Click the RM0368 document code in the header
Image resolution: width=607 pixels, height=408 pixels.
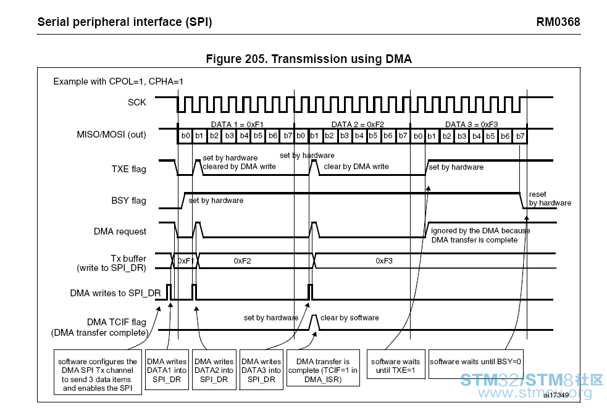point(558,22)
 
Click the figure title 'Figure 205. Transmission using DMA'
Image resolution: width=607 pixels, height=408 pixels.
point(309,59)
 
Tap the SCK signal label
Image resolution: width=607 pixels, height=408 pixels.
point(137,102)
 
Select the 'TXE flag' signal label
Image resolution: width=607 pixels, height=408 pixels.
point(129,169)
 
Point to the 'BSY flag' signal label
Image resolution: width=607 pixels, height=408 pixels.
point(129,201)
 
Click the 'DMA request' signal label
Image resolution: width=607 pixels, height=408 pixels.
point(120,231)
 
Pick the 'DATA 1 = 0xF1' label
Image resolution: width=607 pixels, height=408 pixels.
point(237,124)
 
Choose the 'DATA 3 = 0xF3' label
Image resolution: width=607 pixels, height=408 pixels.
point(472,124)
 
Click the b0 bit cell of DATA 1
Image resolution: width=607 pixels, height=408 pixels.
point(186,136)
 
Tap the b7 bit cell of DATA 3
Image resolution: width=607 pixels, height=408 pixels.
point(521,136)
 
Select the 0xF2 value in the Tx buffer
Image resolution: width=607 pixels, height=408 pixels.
point(242,261)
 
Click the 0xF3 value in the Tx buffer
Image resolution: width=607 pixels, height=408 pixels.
point(384,261)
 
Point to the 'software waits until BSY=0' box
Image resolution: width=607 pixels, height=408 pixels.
point(475,364)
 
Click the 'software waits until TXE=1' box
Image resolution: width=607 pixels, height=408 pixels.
point(396,364)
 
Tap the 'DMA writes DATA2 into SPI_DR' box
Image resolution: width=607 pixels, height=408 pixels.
point(214,370)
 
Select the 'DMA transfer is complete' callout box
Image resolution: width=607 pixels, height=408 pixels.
point(323,368)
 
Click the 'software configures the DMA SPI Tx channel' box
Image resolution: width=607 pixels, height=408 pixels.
point(98,372)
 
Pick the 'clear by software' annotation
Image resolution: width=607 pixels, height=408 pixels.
point(350,318)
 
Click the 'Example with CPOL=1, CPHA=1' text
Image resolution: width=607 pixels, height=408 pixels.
point(118,81)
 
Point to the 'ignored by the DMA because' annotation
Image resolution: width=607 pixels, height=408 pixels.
point(480,231)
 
